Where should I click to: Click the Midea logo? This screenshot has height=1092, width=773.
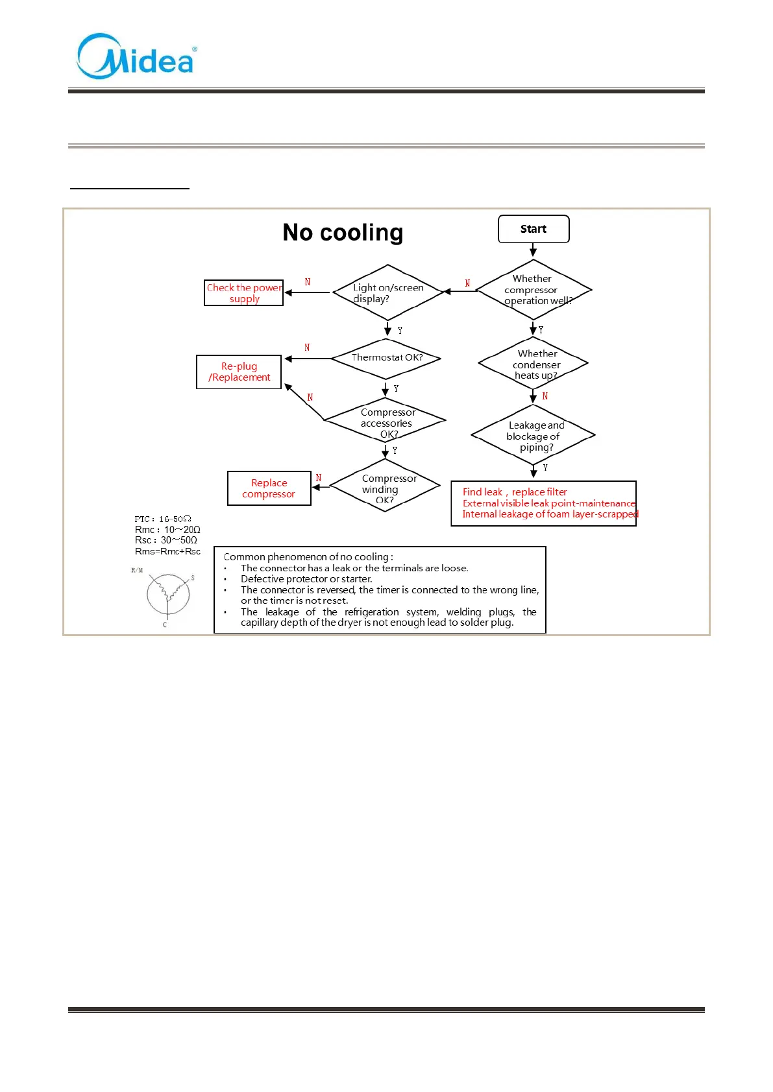[x=136, y=57]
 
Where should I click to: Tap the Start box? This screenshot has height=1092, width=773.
[x=534, y=229]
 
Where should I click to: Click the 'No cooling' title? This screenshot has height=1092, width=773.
[x=343, y=232]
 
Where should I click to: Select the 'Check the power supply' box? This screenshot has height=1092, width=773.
[x=244, y=293]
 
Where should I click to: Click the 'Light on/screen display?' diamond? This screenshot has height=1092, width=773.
[x=388, y=292]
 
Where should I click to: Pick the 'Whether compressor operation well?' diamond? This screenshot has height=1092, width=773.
[x=534, y=290]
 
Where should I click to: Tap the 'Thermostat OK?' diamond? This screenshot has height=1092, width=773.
[x=386, y=358]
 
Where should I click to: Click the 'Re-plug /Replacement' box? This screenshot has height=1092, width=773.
[x=239, y=372]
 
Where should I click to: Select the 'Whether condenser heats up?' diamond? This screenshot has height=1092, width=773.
[x=534, y=364]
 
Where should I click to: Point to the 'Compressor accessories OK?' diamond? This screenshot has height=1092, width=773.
[x=386, y=421]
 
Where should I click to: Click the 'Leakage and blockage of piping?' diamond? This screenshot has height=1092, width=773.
[x=534, y=436]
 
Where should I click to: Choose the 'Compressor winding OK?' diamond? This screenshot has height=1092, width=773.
[x=385, y=486]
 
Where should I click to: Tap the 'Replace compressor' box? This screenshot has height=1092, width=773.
[x=269, y=488]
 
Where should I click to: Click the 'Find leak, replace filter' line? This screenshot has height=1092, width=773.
[x=515, y=492]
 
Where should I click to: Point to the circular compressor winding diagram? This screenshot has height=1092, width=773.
[x=167, y=595]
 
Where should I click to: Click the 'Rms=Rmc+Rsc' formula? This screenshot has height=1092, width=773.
[x=167, y=551]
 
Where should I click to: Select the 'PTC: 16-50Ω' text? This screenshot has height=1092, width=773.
[x=163, y=519]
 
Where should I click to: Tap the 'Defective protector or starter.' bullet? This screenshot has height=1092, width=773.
[x=306, y=579]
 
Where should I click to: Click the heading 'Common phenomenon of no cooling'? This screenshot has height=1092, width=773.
[x=308, y=557]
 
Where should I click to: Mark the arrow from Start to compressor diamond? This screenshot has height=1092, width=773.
[x=534, y=250]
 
